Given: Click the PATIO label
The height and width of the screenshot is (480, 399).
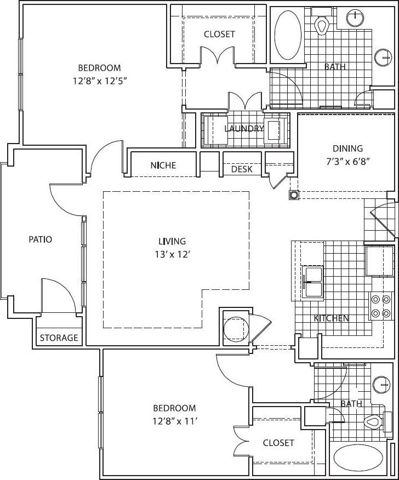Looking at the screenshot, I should [x=41, y=239].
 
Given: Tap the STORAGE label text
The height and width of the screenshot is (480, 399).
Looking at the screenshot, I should [x=59, y=338].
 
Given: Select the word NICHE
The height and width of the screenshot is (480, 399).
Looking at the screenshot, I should [x=163, y=165].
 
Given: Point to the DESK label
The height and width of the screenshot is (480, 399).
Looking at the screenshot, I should [x=242, y=169].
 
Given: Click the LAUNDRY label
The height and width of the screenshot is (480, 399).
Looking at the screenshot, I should [x=244, y=129].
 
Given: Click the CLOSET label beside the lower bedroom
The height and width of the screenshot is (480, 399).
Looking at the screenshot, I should [x=278, y=443].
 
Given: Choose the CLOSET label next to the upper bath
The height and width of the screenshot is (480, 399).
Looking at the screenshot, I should [x=219, y=34].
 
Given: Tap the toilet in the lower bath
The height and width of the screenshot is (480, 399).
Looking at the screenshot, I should [x=373, y=422].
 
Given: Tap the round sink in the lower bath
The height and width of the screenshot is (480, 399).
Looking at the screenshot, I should [x=380, y=385].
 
